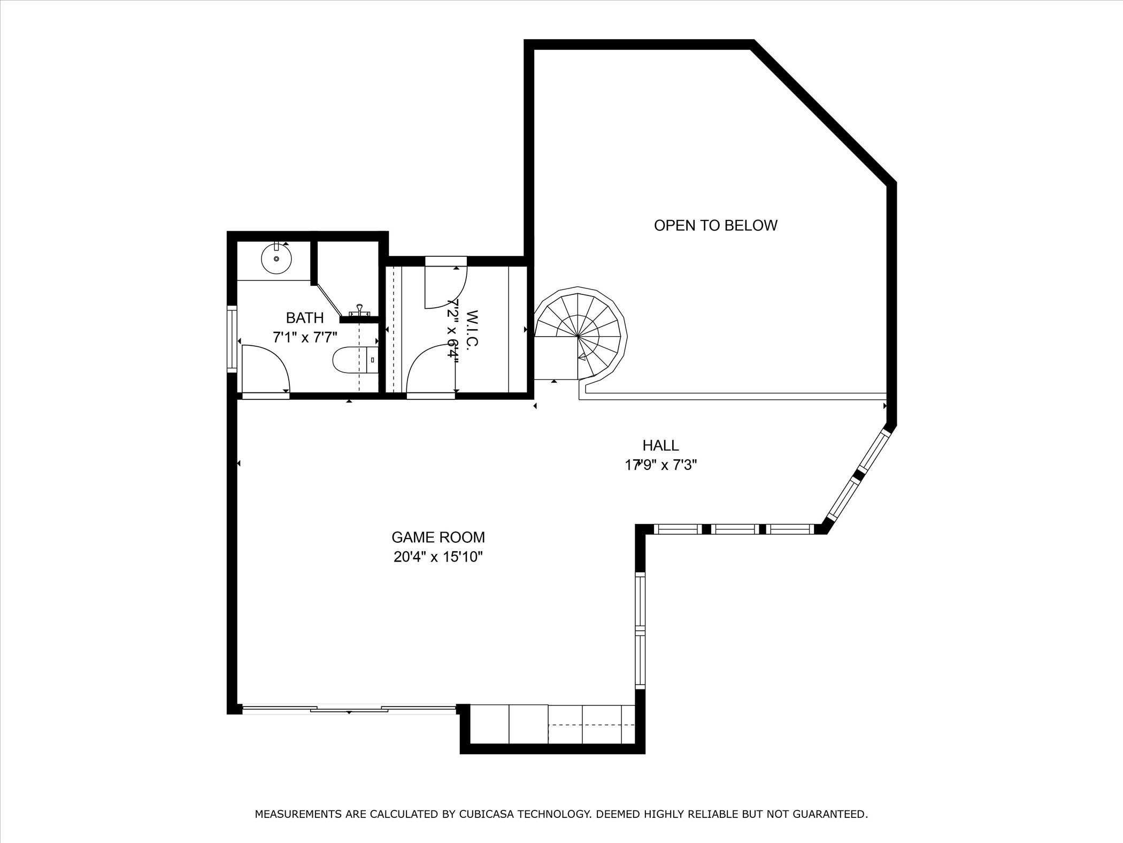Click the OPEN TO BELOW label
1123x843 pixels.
[x=716, y=225]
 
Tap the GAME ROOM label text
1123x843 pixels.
[x=438, y=537]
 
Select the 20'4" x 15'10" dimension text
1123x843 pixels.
[x=438, y=557]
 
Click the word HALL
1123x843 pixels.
[x=660, y=445]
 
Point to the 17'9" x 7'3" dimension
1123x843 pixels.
[x=660, y=465]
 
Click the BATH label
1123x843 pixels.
[x=305, y=318]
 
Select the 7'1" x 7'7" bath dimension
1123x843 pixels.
[x=305, y=338]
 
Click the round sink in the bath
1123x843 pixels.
[x=276, y=259]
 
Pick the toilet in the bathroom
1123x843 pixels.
[x=353, y=360]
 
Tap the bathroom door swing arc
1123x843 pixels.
[x=266, y=369]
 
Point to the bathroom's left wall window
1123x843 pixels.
[x=232, y=339]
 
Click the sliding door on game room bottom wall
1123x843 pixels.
[x=349, y=710]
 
